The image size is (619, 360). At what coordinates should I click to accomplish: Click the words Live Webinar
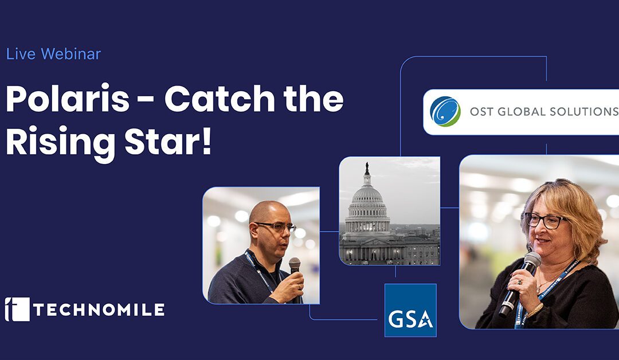pos(53,54)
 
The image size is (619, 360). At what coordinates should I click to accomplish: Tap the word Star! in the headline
pos(169,141)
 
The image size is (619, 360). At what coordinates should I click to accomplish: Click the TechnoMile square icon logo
pos(17,309)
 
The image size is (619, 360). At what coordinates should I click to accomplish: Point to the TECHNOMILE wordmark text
pos(99,310)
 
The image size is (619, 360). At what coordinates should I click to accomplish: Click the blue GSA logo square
pos(410,310)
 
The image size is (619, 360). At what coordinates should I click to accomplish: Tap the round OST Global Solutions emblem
pos(445,112)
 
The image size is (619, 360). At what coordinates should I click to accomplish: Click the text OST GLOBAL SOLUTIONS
pos(544,112)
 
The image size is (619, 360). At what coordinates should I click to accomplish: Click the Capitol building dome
pos(367,196)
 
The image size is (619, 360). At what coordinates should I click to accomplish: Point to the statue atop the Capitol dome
pos(367,169)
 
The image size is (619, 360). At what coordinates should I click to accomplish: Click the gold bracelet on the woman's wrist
pos(535,310)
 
